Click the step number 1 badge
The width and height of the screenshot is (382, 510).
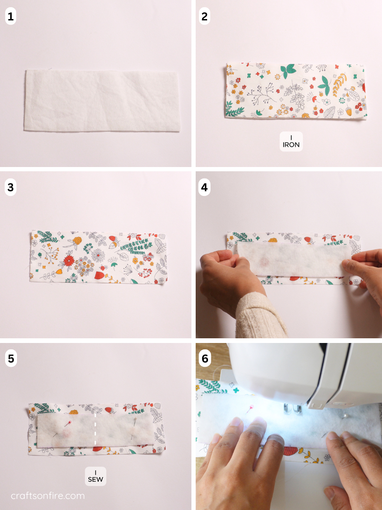11,17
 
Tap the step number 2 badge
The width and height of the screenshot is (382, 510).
205,17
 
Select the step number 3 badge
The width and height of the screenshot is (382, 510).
11,187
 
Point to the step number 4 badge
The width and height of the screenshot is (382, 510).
205,187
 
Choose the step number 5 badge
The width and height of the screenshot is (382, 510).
11,358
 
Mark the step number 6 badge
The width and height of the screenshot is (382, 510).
205,358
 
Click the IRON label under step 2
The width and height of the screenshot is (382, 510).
291,142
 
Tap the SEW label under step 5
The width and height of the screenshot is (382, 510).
95,476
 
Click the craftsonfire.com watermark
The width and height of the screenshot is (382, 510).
48,496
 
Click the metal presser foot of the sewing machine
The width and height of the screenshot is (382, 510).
292,409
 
